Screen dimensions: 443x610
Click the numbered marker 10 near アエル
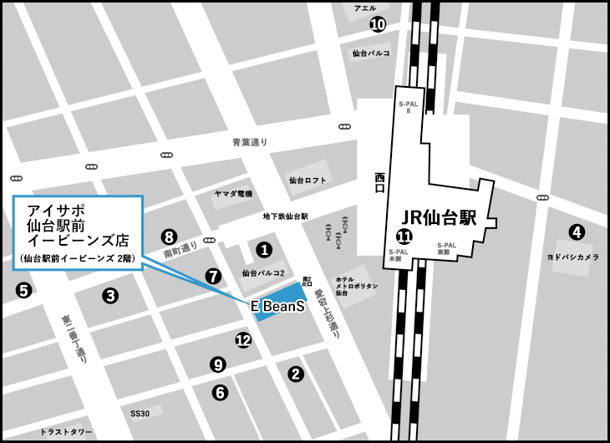click(x=378, y=24)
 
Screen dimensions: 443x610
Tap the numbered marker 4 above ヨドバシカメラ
click(x=577, y=232)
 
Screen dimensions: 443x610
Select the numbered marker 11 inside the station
click(x=404, y=237)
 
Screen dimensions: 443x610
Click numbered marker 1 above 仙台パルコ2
click(x=264, y=249)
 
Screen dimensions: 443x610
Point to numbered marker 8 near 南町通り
click(x=169, y=237)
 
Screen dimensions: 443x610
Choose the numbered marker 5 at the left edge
click(x=23, y=290)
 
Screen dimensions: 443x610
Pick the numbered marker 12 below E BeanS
click(x=243, y=339)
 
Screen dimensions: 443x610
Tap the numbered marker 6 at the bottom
click(x=220, y=391)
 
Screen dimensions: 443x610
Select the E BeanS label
click(x=277, y=307)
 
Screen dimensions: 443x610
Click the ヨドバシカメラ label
click(x=572, y=257)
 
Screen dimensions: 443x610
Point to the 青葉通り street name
click(x=250, y=143)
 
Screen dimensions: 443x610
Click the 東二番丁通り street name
click(x=74, y=339)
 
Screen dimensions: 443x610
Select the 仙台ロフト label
click(x=306, y=180)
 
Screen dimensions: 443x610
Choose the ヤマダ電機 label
click(x=233, y=194)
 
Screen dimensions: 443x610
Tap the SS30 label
click(x=140, y=413)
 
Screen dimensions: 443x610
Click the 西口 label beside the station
click(x=380, y=183)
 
